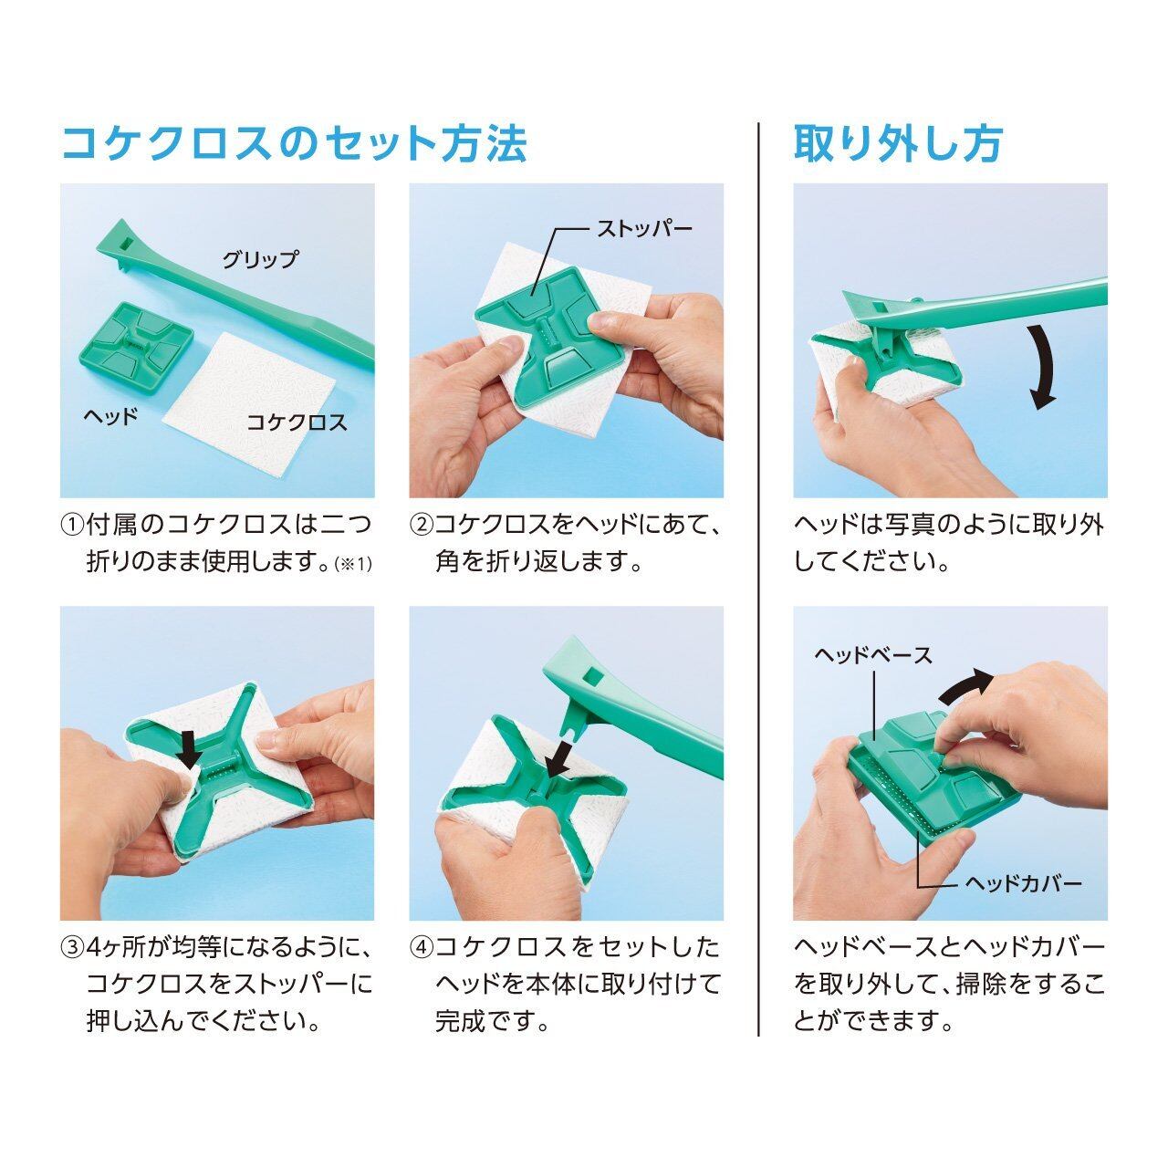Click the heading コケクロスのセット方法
coord(295,143)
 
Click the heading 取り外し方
coord(898,143)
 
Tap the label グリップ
coord(261,259)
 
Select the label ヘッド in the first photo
coord(110,416)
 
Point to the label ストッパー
coord(644,229)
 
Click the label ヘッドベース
coord(873,655)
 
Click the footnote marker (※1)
coord(352,565)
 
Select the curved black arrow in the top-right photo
coord(1047,366)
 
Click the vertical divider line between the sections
coord(758,579)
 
